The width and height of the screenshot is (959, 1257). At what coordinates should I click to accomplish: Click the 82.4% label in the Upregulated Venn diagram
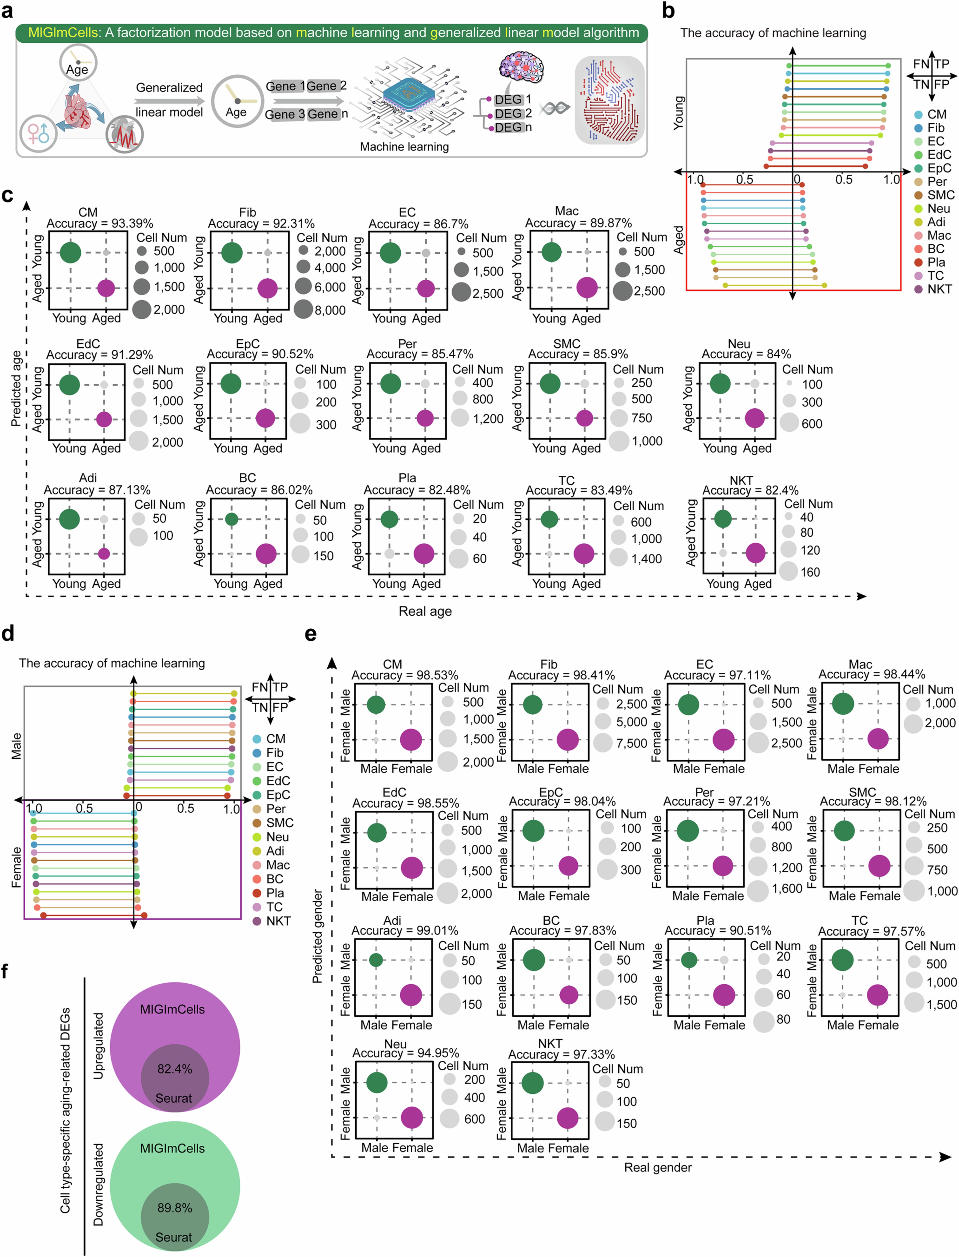coord(175,1069)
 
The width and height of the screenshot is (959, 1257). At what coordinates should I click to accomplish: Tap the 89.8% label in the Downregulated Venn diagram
coord(175,1208)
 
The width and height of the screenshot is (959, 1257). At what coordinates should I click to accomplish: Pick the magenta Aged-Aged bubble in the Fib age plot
coord(267,288)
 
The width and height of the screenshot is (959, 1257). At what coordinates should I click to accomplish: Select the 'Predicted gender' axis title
coord(317,936)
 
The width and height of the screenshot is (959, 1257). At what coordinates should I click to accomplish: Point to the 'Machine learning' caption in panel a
coord(404,147)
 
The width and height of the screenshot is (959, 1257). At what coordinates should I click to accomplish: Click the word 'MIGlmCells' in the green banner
coord(63,33)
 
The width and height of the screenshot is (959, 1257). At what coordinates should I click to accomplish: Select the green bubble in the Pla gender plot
coord(689,960)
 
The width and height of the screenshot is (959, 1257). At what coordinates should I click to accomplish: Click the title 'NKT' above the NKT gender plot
coord(550,1044)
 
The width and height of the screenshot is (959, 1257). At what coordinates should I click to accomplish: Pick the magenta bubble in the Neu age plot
coord(755,418)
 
